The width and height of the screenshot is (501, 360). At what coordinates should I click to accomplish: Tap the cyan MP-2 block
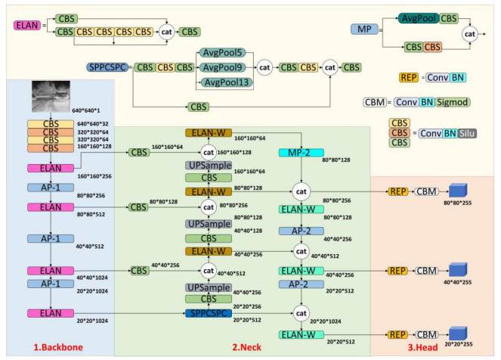click(x=300, y=154)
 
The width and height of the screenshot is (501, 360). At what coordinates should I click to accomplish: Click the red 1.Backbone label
click(x=59, y=347)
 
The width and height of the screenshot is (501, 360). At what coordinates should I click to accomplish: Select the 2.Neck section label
click(x=248, y=347)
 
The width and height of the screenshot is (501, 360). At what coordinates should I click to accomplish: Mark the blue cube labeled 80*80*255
click(x=457, y=191)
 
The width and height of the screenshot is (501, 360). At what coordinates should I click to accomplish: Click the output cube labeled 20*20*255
click(x=457, y=334)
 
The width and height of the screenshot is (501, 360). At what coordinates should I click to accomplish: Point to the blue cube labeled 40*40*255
click(x=457, y=270)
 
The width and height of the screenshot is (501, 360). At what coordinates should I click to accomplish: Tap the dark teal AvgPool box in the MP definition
click(x=420, y=17)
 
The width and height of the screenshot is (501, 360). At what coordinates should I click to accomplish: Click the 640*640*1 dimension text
click(x=87, y=110)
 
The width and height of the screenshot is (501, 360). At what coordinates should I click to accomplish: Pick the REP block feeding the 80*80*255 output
click(x=397, y=192)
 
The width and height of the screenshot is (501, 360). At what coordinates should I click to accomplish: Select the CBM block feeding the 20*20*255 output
click(x=428, y=334)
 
